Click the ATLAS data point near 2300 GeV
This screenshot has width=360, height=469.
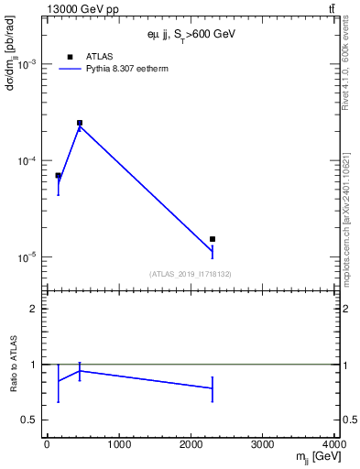pyautogui.click(x=213, y=239)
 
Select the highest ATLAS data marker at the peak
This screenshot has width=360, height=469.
pyautogui.click(x=80, y=123)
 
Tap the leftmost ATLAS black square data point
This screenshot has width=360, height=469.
pyautogui.click(x=58, y=175)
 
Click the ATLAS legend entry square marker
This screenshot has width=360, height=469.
pyautogui.click(x=70, y=57)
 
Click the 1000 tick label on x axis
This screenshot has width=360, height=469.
pyautogui.click(x=118, y=445)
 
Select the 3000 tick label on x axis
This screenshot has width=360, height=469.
pyautogui.click(x=263, y=445)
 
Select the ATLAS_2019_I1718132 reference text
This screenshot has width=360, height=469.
pyautogui.click(x=191, y=274)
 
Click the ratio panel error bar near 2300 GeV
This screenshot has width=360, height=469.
pyautogui.click(x=213, y=388)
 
